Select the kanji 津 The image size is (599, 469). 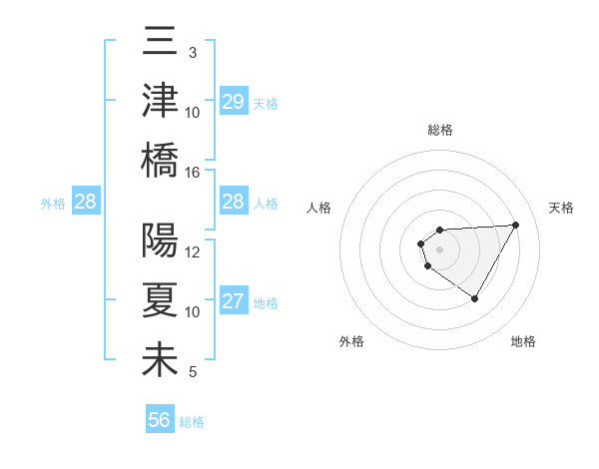click(160, 102)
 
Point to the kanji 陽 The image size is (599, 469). click(160, 241)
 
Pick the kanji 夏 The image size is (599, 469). click(160, 301)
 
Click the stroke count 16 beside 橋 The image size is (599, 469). click(193, 172)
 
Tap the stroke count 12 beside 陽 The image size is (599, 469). click(193, 251)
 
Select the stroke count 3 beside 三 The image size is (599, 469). click(192, 52)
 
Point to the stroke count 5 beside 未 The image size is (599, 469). click(192, 372)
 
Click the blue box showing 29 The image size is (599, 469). click(233, 102)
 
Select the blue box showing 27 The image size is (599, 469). click(233, 301)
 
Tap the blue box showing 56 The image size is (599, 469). click(160, 420)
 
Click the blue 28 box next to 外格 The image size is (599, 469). click(85, 203)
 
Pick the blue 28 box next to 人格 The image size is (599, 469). click(233, 203)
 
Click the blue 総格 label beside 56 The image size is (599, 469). click(192, 422)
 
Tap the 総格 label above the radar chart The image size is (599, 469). click(439, 130)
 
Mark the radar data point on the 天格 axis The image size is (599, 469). click(515, 225)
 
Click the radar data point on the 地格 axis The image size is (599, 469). click(475, 298)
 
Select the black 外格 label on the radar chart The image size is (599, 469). click(351, 341)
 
